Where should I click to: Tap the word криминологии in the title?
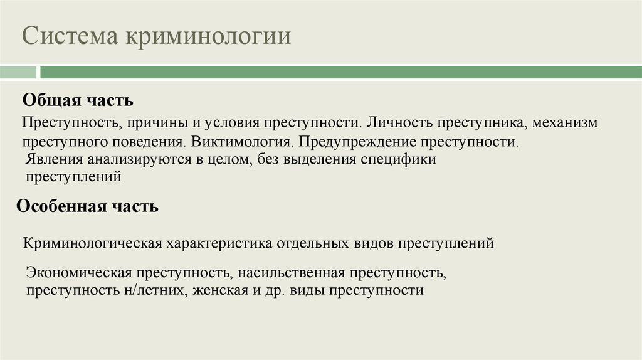(x=208, y=36)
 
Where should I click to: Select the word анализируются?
(x=130, y=160)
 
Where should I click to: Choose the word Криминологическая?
(x=93, y=243)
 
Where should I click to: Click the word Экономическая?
(x=79, y=273)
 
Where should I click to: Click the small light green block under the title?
(x=18, y=73)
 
